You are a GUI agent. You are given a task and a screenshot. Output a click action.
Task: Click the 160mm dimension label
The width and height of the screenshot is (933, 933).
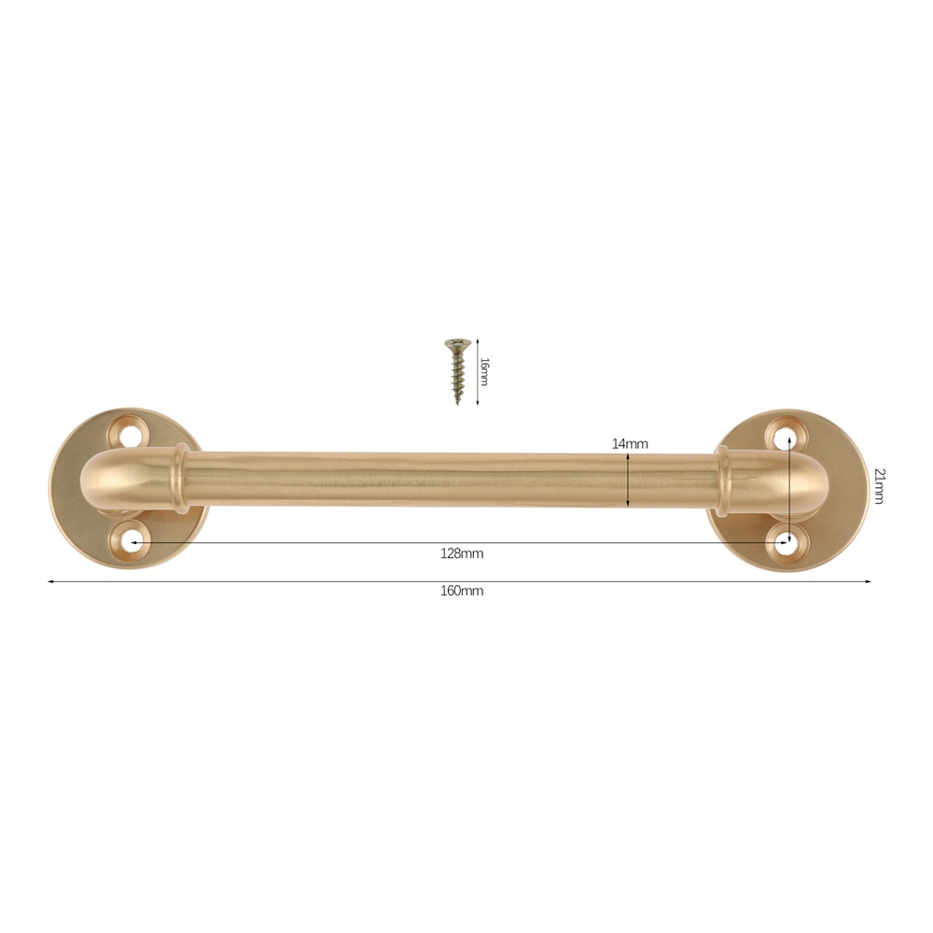[x=462, y=591]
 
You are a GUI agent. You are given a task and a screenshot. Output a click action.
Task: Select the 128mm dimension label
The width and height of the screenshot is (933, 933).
[x=462, y=554]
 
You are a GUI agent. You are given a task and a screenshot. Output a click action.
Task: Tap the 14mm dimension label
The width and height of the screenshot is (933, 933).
[x=630, y=443]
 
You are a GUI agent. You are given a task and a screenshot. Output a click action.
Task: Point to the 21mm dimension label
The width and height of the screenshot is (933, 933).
[x=879, y=486]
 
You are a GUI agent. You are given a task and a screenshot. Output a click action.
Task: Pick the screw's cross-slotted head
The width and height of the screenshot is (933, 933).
[x=457, y=343]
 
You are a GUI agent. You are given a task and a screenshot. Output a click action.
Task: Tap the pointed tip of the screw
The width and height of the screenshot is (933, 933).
[x=457, y=404]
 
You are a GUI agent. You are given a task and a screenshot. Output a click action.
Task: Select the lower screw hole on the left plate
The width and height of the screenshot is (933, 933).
[x=129, y=541]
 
